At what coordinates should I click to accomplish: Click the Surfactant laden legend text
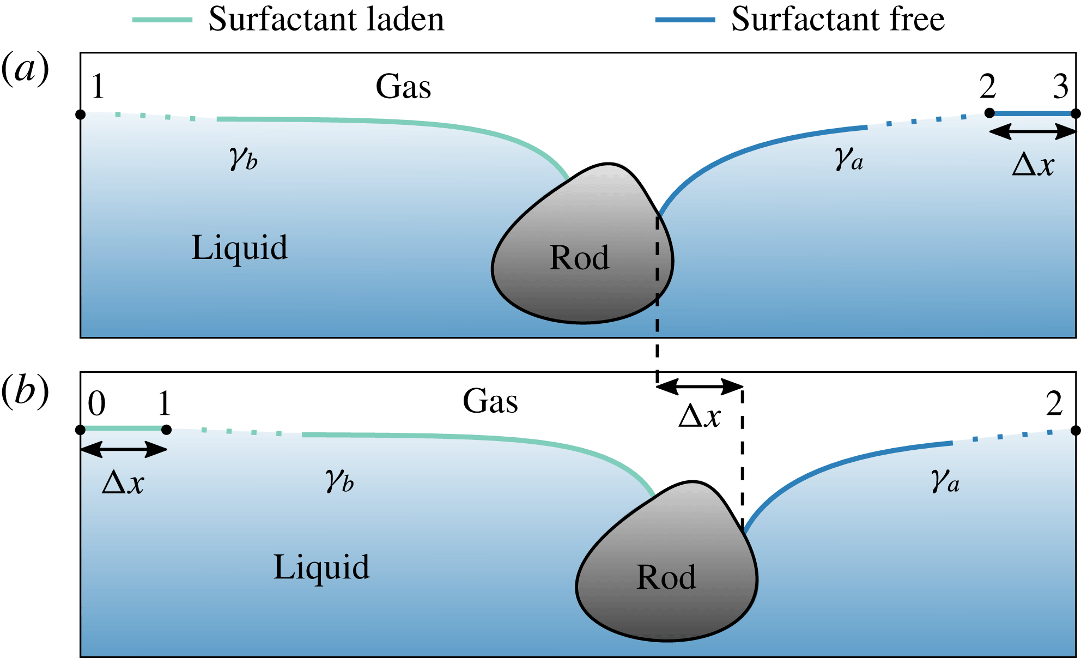point(326,20)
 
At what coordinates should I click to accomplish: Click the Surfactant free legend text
point(837,20)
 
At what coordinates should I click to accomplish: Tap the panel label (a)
point(25,69)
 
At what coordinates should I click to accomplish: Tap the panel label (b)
point(25,391)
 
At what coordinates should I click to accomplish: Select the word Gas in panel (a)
point(403,87)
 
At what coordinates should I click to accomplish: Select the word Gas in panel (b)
point(490,402)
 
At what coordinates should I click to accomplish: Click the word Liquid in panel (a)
point(239,248)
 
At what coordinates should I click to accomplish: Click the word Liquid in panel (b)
point(321,568)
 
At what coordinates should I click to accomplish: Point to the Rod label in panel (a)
point(579,258)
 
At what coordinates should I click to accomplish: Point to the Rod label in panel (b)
point(666,577)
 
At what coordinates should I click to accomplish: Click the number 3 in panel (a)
point(1060,87)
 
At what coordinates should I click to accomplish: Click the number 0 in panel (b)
point(96,404)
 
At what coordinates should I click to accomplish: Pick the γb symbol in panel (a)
point(243,159)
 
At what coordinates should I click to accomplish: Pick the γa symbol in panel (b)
point(945,481)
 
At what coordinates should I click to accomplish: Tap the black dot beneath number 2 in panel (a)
point(989,113)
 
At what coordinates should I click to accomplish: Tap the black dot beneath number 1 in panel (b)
point(167,430)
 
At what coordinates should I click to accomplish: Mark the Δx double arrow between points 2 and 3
point(1033,131)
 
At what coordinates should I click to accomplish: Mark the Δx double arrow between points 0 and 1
point(124,449)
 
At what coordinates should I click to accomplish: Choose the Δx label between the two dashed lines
point(700,417)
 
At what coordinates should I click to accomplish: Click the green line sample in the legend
point(162,20)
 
